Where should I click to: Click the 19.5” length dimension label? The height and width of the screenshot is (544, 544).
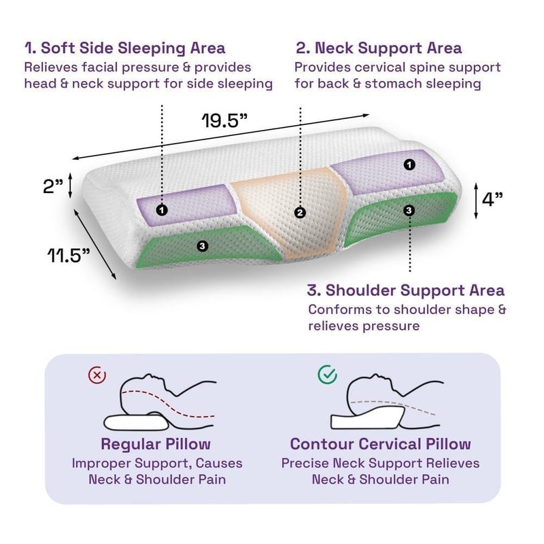point(224,120)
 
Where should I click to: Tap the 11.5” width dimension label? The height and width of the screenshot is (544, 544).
point(69,256)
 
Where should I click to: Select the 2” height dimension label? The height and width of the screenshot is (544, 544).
point(53,186)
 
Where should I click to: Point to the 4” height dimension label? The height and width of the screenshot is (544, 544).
point(492,199)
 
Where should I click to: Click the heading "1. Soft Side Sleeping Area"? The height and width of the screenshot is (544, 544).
point(125,48)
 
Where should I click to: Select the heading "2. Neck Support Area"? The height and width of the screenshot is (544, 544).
point(379,48)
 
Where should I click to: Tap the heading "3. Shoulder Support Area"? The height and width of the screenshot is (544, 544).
point(405,290)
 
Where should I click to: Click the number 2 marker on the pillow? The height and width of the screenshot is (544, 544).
point(300,212)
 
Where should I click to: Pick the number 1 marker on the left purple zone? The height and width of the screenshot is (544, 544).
point(162,209)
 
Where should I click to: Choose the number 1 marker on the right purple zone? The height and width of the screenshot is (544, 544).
point(409,165)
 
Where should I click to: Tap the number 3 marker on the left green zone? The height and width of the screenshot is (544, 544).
point(202,246)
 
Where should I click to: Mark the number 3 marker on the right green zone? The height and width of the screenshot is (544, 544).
point(409,210)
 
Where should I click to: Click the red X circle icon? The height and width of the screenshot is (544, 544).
point(97,375)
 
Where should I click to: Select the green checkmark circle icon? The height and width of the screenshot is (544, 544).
point(327,375)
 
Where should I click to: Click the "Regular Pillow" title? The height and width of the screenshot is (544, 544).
point(156,444)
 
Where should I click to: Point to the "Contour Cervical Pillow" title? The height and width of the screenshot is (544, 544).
point(380,444)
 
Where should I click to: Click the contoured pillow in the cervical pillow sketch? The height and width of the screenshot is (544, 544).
point(367,418)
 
